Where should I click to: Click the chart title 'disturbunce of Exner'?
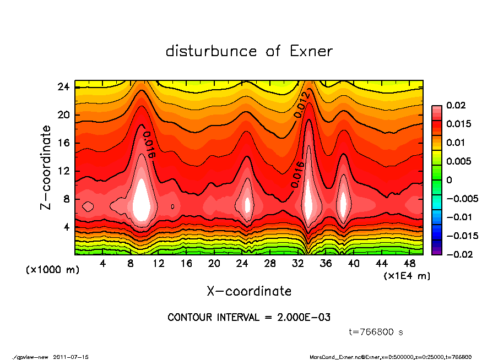tap(249, 51)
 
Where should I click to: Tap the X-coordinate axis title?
tap(249, 291)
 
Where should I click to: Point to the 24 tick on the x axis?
tap(242, 264)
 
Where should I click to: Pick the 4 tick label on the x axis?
tap(103, 264)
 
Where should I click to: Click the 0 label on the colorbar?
tap(450, 180)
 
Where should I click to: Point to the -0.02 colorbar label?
tap(457, 254)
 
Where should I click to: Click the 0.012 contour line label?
tap(302, 105)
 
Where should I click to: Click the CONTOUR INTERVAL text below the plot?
tap(249, 318)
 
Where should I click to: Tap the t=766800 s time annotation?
tap(377, 332)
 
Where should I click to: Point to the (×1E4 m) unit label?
tap(407, 275)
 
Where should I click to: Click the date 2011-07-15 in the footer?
tap(71, 357)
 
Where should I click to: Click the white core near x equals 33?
tap(309, 201)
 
